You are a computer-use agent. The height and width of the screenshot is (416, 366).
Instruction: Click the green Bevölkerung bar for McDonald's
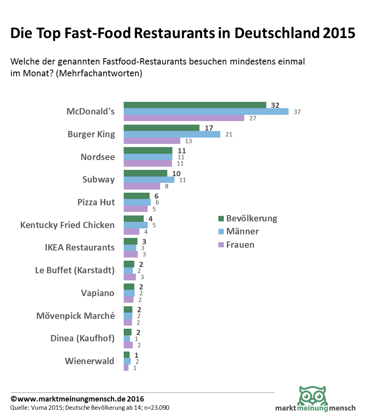tap(195, 105)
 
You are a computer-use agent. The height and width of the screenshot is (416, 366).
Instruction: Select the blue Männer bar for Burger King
tap(172, 134)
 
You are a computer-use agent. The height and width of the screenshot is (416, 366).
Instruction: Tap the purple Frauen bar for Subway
tap(142, 186)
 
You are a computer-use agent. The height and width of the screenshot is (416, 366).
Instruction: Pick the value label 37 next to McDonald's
tap(297, 112)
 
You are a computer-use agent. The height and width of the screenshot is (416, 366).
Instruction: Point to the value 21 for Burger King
tap(229, 134)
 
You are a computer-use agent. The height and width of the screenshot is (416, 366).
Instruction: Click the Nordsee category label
tap(98, 157)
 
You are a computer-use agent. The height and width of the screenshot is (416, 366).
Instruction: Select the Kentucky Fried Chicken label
tap(68, 225)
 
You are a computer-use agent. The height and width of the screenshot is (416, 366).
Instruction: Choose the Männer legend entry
tap(242, 232)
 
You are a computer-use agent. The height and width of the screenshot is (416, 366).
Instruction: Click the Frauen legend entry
tap(240, 245)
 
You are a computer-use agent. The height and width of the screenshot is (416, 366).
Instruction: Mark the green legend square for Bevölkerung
tap(221, 219)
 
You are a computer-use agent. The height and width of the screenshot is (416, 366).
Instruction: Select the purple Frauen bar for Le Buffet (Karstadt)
tap(130, 277)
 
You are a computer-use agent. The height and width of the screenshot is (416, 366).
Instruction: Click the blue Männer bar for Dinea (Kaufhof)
tap(127, 339)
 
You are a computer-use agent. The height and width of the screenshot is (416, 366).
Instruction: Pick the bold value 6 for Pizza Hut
tap(156, 195)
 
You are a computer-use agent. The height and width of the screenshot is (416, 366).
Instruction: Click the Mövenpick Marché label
tap(76, 316)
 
